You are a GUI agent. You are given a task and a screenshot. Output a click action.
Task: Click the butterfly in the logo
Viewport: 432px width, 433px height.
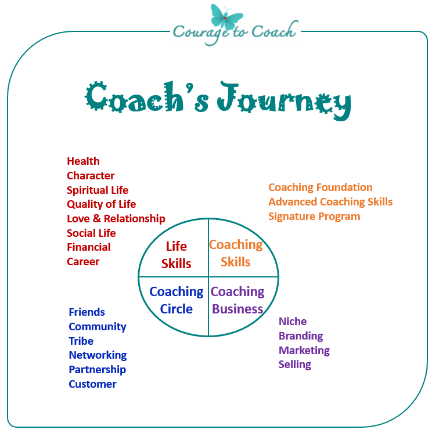[226, 17]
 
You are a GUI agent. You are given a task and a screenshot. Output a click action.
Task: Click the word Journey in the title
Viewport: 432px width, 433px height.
[285, 101]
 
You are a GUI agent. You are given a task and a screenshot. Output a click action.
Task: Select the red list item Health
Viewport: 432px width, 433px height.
[83, 161]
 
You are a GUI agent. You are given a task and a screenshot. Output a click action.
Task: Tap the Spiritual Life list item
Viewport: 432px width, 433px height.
[98, 190]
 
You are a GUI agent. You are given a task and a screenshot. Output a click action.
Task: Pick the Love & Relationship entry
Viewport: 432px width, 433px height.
[116, 219]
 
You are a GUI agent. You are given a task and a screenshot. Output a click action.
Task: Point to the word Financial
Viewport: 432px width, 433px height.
[89, 247]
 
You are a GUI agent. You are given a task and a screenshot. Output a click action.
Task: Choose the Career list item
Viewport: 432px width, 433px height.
[83, 262]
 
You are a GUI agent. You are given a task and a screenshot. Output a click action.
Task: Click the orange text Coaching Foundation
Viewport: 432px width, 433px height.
[321, 187]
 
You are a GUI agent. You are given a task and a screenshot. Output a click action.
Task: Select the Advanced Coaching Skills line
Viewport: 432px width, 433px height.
[330, 202]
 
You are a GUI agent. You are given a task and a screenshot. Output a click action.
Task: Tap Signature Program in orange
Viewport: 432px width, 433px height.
[314, 217]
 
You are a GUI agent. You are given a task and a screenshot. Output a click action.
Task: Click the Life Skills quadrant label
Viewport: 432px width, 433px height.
[176, 255]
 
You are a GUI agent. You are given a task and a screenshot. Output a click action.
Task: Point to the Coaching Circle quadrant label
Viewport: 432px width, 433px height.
[177, 300]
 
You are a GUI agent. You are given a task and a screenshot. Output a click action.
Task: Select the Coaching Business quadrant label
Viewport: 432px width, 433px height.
[237, 300]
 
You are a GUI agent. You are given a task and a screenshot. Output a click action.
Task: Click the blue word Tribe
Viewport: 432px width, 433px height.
[81, 341]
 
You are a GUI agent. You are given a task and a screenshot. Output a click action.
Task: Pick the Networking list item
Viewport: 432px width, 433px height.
[98, 355]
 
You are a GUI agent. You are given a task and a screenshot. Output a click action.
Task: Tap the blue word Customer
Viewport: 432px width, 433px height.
[92, 384]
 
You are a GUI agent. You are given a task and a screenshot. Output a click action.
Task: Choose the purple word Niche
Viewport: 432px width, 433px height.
[293, 322]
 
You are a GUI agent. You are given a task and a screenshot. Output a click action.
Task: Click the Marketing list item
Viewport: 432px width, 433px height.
[304, 351]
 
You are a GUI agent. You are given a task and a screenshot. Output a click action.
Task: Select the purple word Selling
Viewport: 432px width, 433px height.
[295, 365]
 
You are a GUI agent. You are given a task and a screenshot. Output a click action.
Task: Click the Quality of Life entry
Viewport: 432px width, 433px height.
[102, 204]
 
